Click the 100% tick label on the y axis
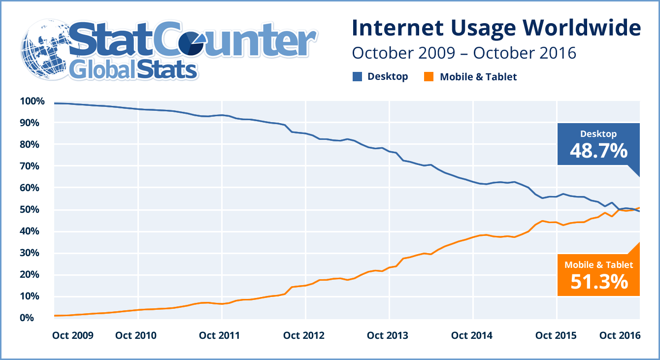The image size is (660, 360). tap(32, 101)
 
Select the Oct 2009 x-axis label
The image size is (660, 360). tap(72, 335)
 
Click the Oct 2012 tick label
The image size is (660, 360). tap(304, 335)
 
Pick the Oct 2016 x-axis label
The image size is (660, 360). tap(620, 335)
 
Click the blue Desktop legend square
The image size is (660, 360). tap(357, 76)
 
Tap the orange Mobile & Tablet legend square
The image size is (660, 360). tap(429, 77)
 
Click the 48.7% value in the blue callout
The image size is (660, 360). tap(598, 151)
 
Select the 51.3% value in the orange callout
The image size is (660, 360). tap(598, 281)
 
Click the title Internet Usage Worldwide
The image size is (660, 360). tap(496, 28)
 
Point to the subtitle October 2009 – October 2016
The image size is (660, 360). tap(463, 53)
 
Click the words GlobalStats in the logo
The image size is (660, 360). tap(133, 70)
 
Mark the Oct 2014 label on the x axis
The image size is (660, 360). tap(471, 335)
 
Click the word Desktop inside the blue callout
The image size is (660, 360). tap(598, 134)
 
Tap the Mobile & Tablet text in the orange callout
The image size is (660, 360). tap(598, 265)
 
